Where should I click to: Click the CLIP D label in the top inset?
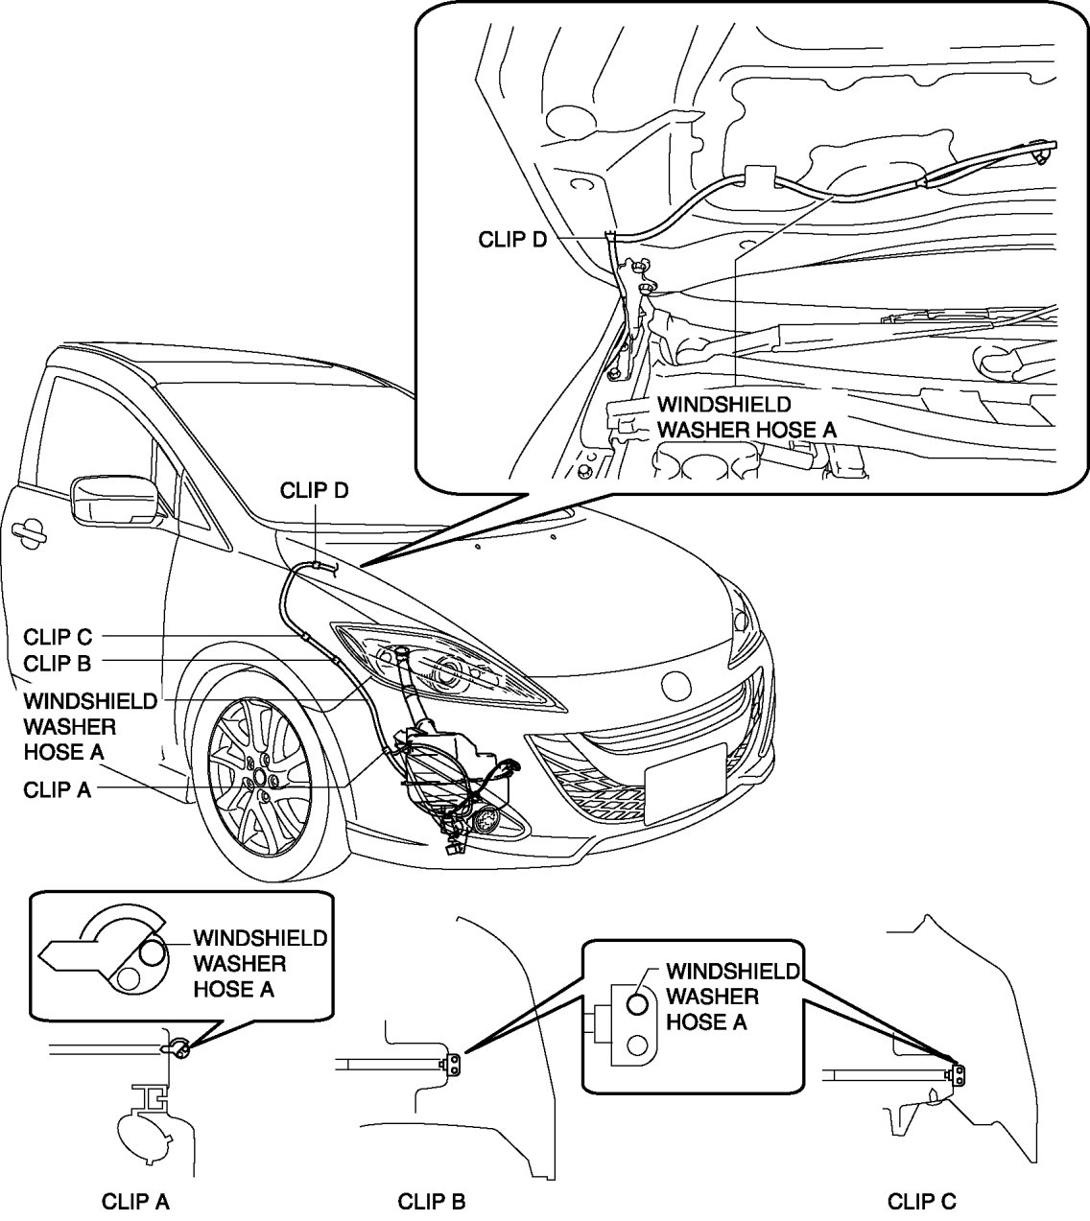[512, 239]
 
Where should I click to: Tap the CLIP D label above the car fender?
[314, 491]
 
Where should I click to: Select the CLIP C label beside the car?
[59, 636]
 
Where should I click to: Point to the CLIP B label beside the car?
[58, 663]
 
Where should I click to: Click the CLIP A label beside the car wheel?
[58, 789]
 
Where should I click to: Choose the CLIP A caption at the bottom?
[135, 1201]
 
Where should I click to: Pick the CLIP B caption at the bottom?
[432, 1201]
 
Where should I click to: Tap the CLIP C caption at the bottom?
[921, 1201]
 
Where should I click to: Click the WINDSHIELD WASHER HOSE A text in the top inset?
[746, 417]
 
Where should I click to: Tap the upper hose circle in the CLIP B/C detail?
[637, 1004]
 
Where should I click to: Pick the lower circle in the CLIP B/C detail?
[637, 1044]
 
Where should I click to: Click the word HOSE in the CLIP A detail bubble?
[221, 989]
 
